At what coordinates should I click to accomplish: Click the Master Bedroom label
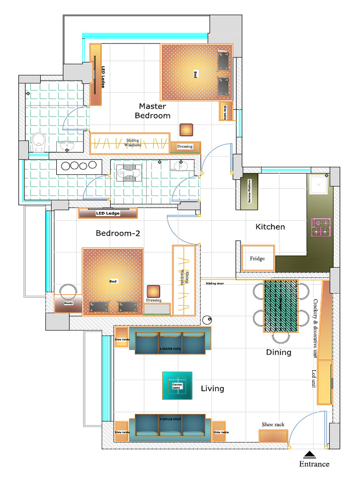pyautogui.click(x=152, y=111)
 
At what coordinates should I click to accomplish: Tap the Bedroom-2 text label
pyautogui.click(x=118, y=233)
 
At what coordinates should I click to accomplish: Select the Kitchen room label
pyautogui.click(x=270, y=227)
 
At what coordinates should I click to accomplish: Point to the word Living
pyautogui.click(x=212, y=389)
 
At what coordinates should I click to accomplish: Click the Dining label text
pyautogui.click(x=278, y=352)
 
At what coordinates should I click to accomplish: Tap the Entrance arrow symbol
pyautogui.click(x=309, y=454)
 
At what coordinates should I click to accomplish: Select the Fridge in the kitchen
pyautogui.click(x=257, y=258)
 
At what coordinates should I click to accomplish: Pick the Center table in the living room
pyautogui.click(x=177, y=385)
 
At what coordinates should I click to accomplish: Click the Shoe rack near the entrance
pyautogui.click(x=273, y=435)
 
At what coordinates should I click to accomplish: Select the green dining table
pyautogui.click(x=281, y=306)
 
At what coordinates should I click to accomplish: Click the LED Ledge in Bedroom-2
pyautogui.click(x=108, y=213)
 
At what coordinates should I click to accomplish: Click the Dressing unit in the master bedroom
pyautogui.click(x=185, y=147)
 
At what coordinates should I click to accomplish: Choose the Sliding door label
pyautogui.click(x=215, y=283)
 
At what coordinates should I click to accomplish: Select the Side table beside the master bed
pyautogui.click(x=225, y=111)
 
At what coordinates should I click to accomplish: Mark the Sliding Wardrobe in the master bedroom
pyautogui.click(x=129, y=143)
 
